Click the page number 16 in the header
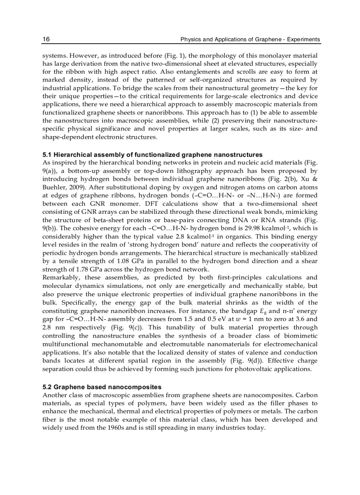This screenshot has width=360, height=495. tap(46, 40)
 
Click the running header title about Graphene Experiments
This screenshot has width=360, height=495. tap(250, 40)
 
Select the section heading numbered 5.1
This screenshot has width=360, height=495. tap(152, 155)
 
